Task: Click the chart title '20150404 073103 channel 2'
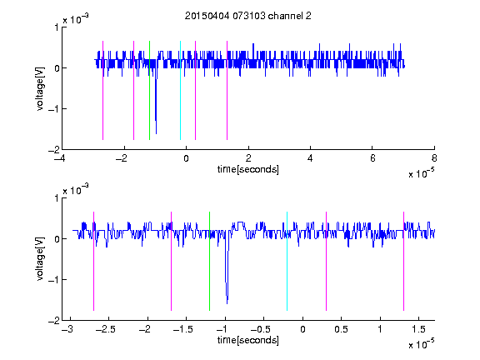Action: tap(248, 16)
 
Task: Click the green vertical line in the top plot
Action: tap(149, 90)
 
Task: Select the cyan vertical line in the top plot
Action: tap(180, 90)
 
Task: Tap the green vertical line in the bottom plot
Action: tap(209, 261)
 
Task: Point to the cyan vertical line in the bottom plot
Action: tap(287, 261)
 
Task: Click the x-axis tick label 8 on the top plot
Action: tap(434, 158)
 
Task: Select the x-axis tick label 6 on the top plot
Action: tap(372, 158)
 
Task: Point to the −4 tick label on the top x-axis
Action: tap(59, 158)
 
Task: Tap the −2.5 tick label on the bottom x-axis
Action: tap(106, 329)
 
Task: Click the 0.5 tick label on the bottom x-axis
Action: tap(341, 329)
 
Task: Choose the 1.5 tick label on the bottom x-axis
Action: tap(418, 329)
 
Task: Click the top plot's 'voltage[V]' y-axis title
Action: tap(40, 89)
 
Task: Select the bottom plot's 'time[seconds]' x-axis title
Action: tap(248, 340)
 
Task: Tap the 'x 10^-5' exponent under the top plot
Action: tap(421, 173)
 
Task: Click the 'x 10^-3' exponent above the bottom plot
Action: tap(76, 190)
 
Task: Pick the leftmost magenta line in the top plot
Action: tap(102, 90)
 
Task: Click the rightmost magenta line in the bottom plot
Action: tap(403, 261)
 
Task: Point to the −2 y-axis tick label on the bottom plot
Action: tap(54, 321)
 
